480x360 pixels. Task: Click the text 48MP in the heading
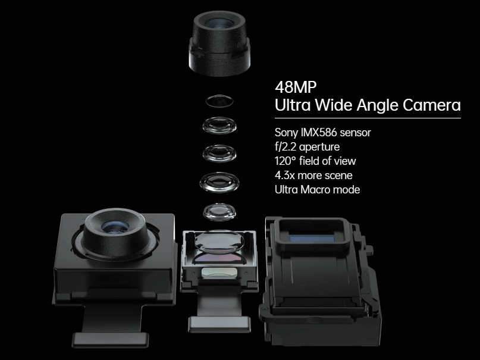pos(293,87)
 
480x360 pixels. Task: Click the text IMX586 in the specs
pos(317,132)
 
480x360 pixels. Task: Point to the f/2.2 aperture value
pos(286,146)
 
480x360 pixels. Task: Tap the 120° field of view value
pos(286,161)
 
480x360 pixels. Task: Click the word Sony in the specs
pos(286,132)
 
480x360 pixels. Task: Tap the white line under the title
pos(368,118)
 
